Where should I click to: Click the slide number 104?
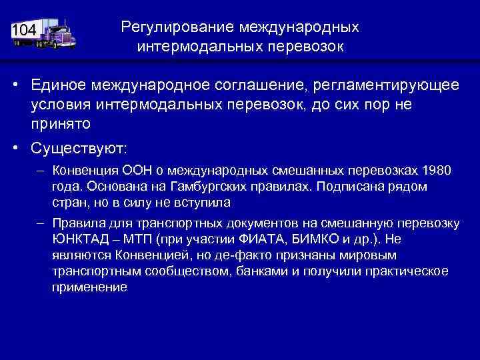24,30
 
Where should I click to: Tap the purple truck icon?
56,33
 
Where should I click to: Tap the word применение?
89,287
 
